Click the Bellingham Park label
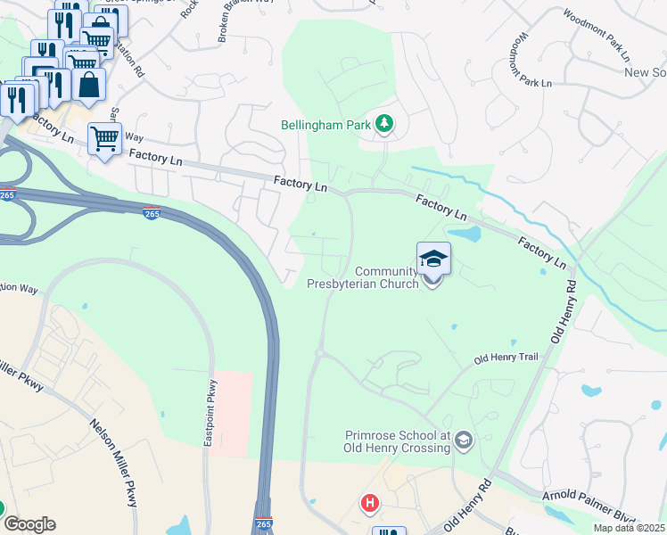click(x=325, y=126)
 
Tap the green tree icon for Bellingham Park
click(x=385, y=122)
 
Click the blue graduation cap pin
click(x=433, y=260)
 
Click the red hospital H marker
click(x=370, y=504)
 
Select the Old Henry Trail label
click(x=506, y=358)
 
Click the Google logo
click(x=29, y=523)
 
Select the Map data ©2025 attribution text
click(x=629, y=528)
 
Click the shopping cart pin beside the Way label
click(x=105, y=139)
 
